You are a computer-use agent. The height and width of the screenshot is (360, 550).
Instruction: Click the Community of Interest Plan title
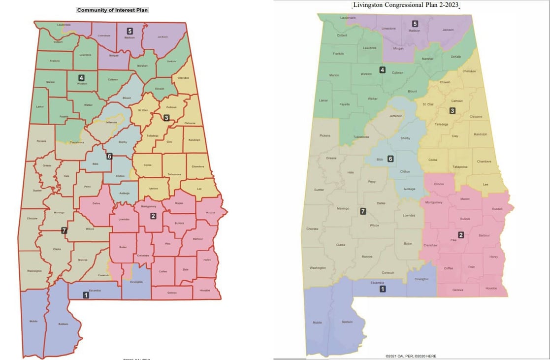(x=113, y=10)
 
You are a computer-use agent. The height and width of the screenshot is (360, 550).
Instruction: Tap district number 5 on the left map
(x=130, y=31)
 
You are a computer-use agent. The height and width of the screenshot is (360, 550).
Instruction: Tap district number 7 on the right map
(x=363, y=212)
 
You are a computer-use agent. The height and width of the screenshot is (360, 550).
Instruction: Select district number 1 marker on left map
(x=86, y=295)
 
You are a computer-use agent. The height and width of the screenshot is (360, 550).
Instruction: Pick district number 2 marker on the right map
(x=461, y=235)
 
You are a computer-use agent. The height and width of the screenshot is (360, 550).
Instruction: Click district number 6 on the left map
(x=109, y=156)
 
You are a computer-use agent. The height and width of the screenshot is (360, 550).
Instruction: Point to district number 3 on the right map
(x=452, y=111)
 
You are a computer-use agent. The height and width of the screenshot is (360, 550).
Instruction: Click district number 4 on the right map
(x=382, y=70)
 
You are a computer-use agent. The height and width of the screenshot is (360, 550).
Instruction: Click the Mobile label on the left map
(x=33, y=321)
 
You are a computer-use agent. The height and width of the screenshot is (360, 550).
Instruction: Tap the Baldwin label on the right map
(x=347, y=322)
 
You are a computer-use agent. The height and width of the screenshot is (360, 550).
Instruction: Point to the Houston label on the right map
(x=491, y=288)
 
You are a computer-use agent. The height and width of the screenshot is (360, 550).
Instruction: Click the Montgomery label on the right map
(x=433, y=202)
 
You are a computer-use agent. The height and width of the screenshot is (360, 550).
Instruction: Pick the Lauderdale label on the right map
(x=348, y=18)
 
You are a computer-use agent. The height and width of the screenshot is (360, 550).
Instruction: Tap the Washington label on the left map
(x=34, y=271)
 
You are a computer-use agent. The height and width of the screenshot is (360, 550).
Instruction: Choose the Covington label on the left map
(x=136, y=282)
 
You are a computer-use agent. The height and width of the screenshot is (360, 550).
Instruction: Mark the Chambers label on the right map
(x=484, y=162)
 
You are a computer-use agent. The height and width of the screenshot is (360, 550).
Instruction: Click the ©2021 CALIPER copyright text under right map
(x=410, y=356)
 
